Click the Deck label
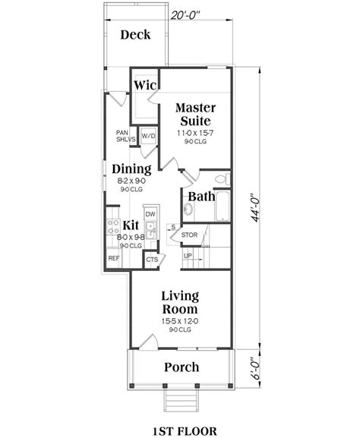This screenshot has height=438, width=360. coord(136,35)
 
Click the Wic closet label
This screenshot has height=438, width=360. coord(145,86)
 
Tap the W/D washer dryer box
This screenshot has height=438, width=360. coord(148,137)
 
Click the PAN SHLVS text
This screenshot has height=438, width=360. coord(126,135)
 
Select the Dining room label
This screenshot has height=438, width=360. coord(131,169)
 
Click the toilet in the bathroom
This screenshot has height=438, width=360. coord(220,179)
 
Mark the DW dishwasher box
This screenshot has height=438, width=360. coord(150,215)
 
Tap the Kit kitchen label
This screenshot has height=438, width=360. coord(130,225)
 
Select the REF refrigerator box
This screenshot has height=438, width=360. coord(114,259)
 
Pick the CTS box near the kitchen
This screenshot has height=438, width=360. coord(152,260)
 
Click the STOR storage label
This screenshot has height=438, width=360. coord(189,235)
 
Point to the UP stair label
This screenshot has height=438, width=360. coord(188,256)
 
